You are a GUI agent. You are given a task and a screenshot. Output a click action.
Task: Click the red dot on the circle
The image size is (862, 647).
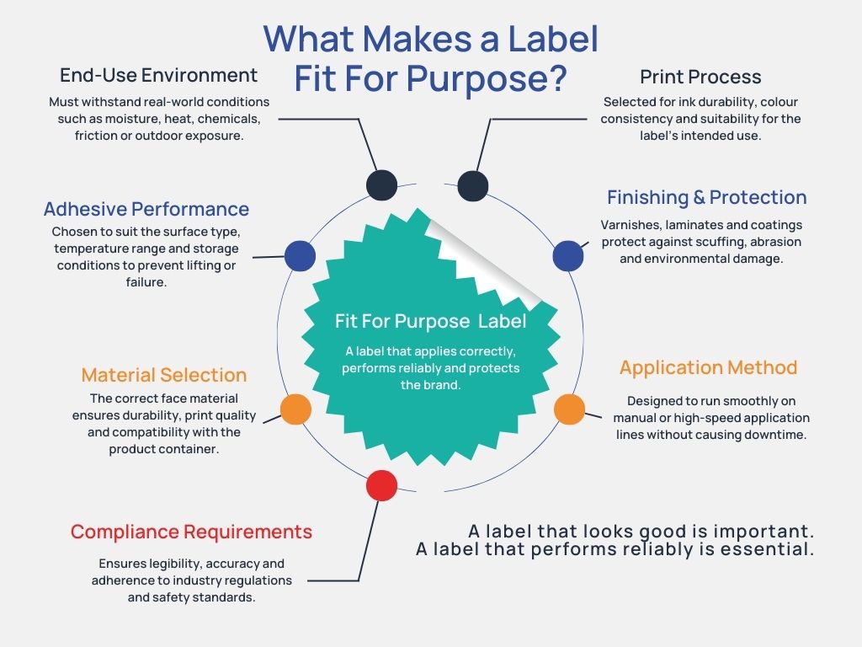pyautogui.click(x=381, y=485)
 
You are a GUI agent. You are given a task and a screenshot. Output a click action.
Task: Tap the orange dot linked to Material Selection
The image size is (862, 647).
pyautogui.click(x=295, y=409)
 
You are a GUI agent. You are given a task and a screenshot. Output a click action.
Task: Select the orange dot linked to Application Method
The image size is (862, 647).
pyautogui.click(x=569, y=409)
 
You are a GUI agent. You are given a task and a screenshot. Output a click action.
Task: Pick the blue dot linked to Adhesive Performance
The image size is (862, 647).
pyautogui.click(x=301, y=256)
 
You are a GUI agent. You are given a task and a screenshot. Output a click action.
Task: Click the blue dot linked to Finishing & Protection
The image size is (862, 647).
pyautogui.click(x=567, y=256)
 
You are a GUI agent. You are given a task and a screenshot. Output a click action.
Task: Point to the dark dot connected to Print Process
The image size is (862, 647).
pyautogui.click(x=473, y=185)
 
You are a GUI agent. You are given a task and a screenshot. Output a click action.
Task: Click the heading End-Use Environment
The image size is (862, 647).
pyautogui.click(x=158, y=75)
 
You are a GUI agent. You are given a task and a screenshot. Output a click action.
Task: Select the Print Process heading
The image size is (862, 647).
pyautogui.click(x=700, y=77)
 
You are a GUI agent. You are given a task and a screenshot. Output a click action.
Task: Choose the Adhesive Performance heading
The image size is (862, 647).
pyautogui.click(x=146, y=209)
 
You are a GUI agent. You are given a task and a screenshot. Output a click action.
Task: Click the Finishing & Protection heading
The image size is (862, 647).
pyautogui.click(x=706, y=197)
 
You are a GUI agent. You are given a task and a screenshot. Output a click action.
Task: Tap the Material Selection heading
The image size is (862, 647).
pyautogui.click(x=163, y=375)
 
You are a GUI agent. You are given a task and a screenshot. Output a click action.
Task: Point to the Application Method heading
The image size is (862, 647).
pyautogui.click(x=708, y=368)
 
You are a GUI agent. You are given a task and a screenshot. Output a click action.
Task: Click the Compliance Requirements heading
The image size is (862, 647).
pyautogui.click(x=191, y=532)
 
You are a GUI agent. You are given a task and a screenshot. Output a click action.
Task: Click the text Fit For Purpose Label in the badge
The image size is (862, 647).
pyautogui.click(x=430, y=321)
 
